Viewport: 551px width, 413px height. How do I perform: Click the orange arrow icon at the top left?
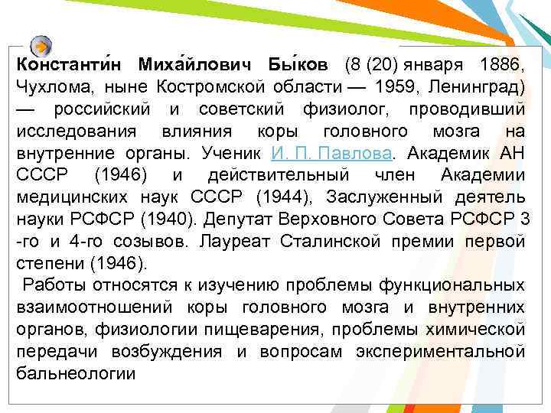[x=43, y=44]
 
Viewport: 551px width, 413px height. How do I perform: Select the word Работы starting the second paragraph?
[x=55, y=286]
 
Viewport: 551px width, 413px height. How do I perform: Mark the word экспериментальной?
[x=440, y=353]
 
